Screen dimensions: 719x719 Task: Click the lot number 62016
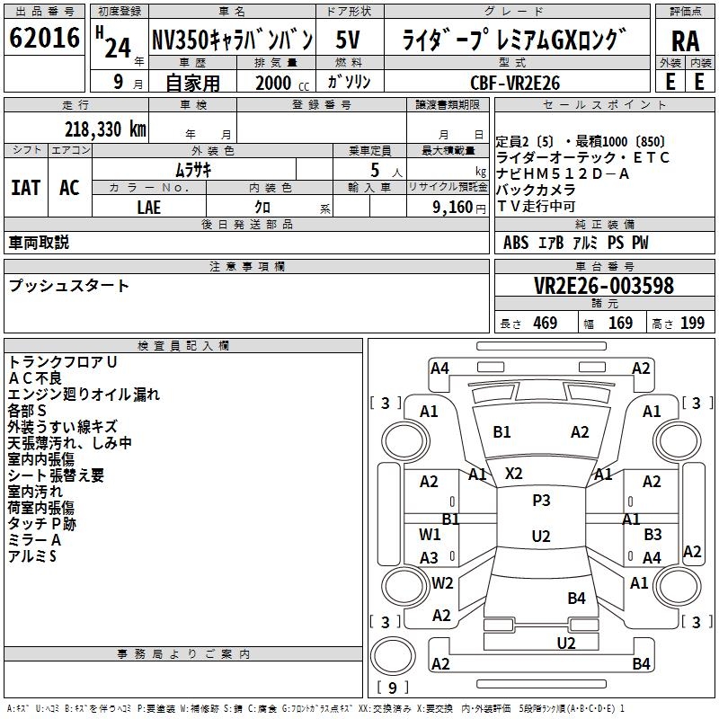tap(43, 40)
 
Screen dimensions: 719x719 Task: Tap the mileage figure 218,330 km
tap(105, 129)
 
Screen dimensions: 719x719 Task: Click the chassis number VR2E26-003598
tap(603, 286)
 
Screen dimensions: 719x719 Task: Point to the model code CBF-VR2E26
tap(515, 82)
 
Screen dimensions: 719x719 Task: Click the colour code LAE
tap(148, 206)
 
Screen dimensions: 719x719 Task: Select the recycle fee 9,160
tap(454, 207)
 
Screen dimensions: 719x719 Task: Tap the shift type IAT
tap(26, 188)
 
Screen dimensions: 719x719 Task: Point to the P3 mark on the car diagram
tap(541, 501)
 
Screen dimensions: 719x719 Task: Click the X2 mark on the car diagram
tap(514, 473)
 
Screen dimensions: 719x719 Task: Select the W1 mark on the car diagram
tap(430, 534)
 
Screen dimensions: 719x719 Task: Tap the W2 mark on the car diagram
tap(442, 582)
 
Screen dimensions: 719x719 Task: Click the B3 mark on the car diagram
tap(652, 534)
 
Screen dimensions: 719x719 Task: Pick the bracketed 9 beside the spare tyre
tap(392, 688)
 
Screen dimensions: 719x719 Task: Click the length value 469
tap(545, 324)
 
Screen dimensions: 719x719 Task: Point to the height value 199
tap(692, 324)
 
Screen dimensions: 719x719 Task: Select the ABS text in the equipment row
tap(516, 243)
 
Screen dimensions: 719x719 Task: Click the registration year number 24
tap(117, 47)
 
